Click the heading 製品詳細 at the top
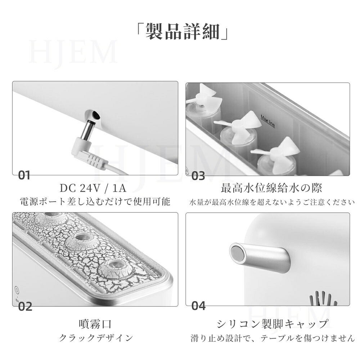pos(182,32)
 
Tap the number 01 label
pos(24,176)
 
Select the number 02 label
pos(25,306)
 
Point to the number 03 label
pos(198,176)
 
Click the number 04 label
pos(199,306)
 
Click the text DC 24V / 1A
pos(93,188)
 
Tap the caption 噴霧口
pos(95,324)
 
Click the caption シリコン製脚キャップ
pos(272,324)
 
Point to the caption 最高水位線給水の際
pos(271,188)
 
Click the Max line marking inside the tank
pos(268,121)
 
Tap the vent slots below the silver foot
pos(323,298)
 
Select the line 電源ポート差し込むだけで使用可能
pos(95,202)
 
